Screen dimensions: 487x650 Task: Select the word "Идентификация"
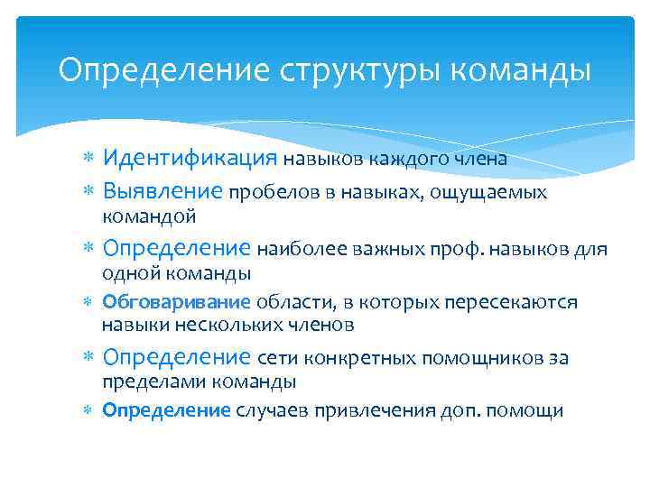pos(190,159)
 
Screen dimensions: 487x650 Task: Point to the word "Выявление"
pos(162,191)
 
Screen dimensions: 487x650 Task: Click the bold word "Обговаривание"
pos(176,302)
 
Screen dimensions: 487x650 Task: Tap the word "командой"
pos(148,216)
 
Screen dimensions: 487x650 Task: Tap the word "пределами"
pos(148,382)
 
